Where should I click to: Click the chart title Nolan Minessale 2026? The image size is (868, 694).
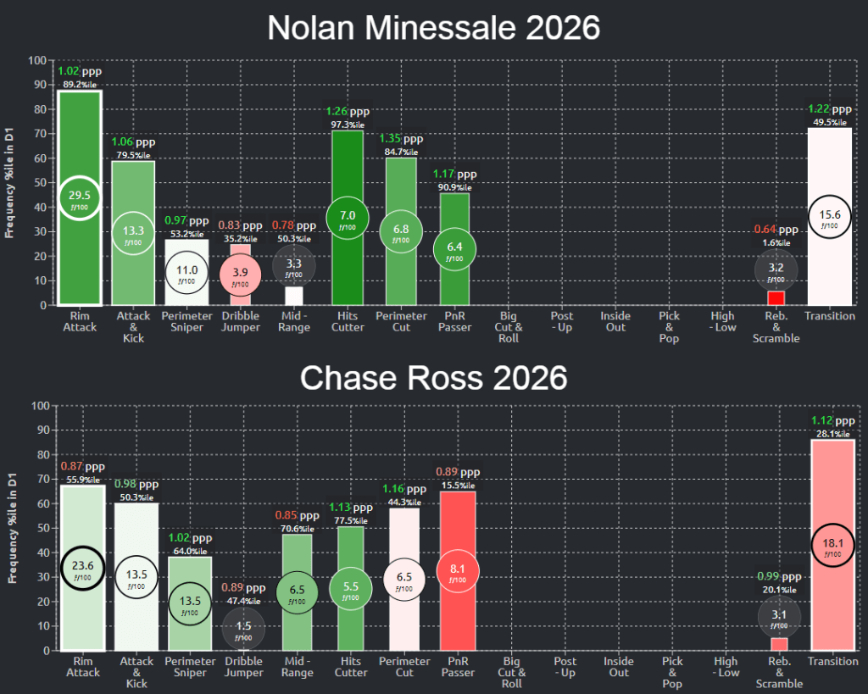point(434,28)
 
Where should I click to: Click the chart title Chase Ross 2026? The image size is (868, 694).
point(434,378)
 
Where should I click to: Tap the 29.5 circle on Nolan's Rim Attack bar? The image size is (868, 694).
point(80,196)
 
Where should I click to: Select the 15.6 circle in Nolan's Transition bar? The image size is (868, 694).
point(829,217)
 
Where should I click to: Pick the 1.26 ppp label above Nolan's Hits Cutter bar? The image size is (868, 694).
point(348,111)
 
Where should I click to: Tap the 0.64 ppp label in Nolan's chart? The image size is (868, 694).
point(776,229)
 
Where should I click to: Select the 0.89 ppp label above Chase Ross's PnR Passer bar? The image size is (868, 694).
point(458,472)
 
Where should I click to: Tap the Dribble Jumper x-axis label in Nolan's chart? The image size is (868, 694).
point(241,322)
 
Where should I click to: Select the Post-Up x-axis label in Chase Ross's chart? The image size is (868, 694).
point(565,667)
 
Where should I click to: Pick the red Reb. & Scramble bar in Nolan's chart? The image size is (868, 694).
point(776,298)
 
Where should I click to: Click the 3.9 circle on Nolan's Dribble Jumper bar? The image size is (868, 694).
point(241,272)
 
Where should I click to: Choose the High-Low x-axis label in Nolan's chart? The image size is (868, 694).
point(725,322)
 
